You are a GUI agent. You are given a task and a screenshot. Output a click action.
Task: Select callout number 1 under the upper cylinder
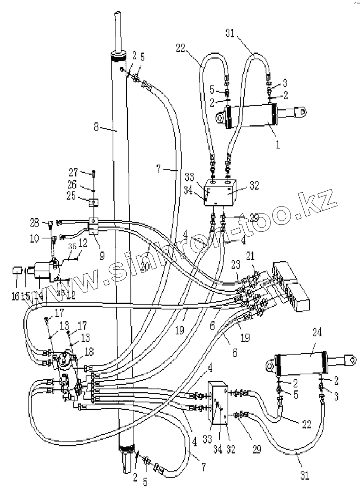point(277,144)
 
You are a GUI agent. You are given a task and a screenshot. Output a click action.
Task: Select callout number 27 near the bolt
point(73,171)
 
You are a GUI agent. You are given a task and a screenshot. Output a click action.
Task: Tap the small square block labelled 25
point(93,202)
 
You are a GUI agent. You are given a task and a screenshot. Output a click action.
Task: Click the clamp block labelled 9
point(94,224)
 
